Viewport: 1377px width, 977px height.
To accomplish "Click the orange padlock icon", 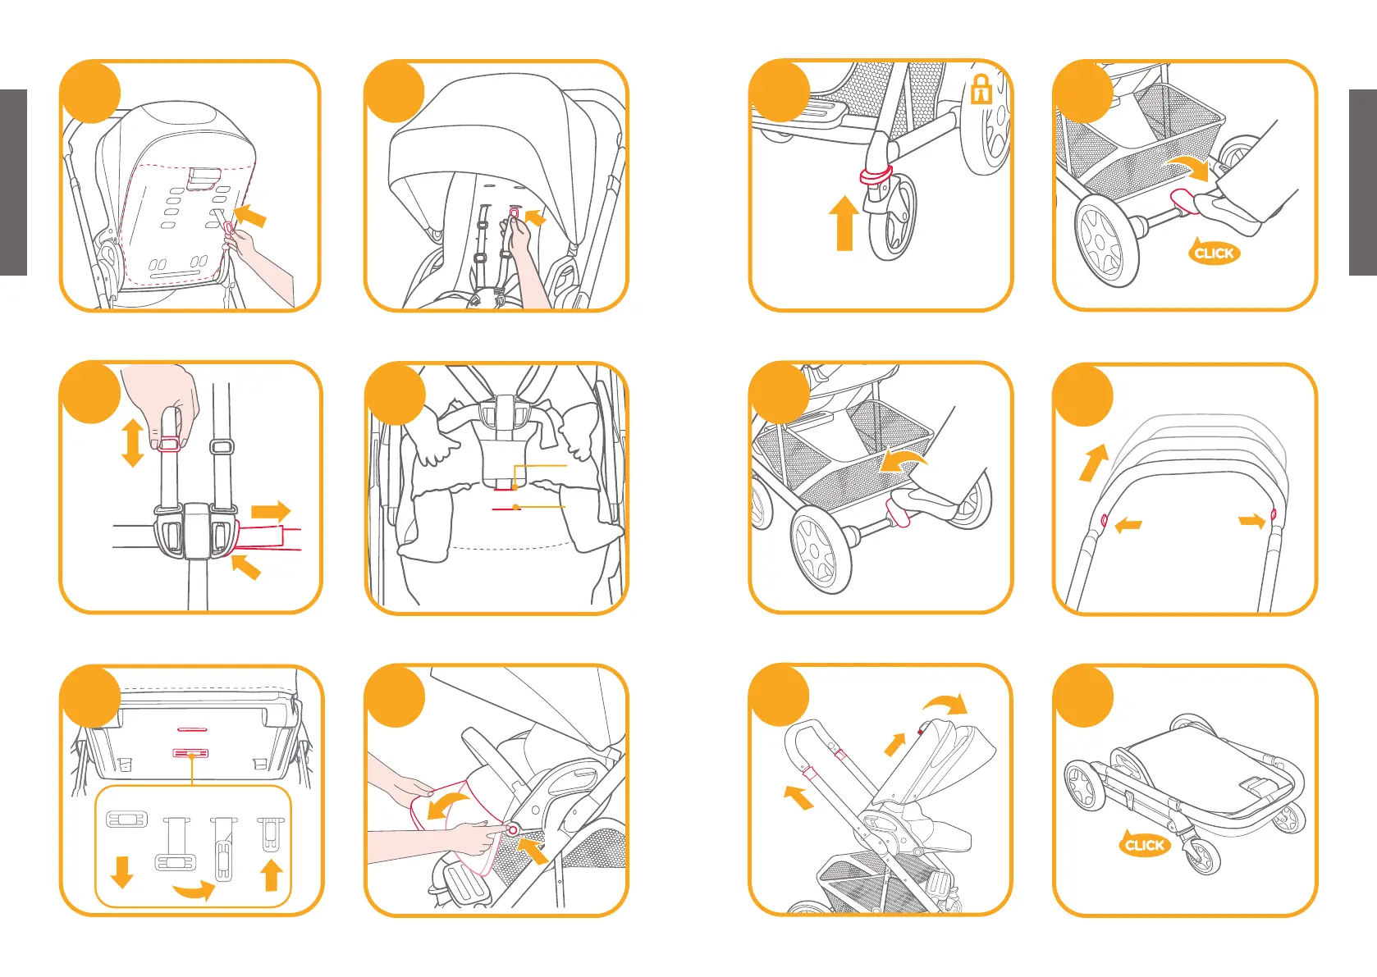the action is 981,89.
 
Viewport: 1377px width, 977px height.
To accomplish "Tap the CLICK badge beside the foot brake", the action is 1214,253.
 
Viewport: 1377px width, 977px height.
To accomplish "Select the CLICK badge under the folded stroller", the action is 1144,845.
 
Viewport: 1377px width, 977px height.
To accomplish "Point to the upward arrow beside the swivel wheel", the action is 844,222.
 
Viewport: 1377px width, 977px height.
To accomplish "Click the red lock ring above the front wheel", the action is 876,174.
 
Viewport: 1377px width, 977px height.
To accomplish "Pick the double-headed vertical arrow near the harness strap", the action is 132,443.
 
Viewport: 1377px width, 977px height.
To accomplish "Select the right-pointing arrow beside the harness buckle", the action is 271,512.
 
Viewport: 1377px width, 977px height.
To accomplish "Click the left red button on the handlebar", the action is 1104,519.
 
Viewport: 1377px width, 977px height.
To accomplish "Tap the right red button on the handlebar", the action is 1273,514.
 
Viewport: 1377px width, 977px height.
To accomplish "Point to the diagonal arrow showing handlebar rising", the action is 1094,463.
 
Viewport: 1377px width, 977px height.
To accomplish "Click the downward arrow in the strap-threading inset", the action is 121,872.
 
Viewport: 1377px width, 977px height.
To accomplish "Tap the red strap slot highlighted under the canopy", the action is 514,214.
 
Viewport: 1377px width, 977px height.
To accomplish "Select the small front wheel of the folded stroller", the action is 1203,856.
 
